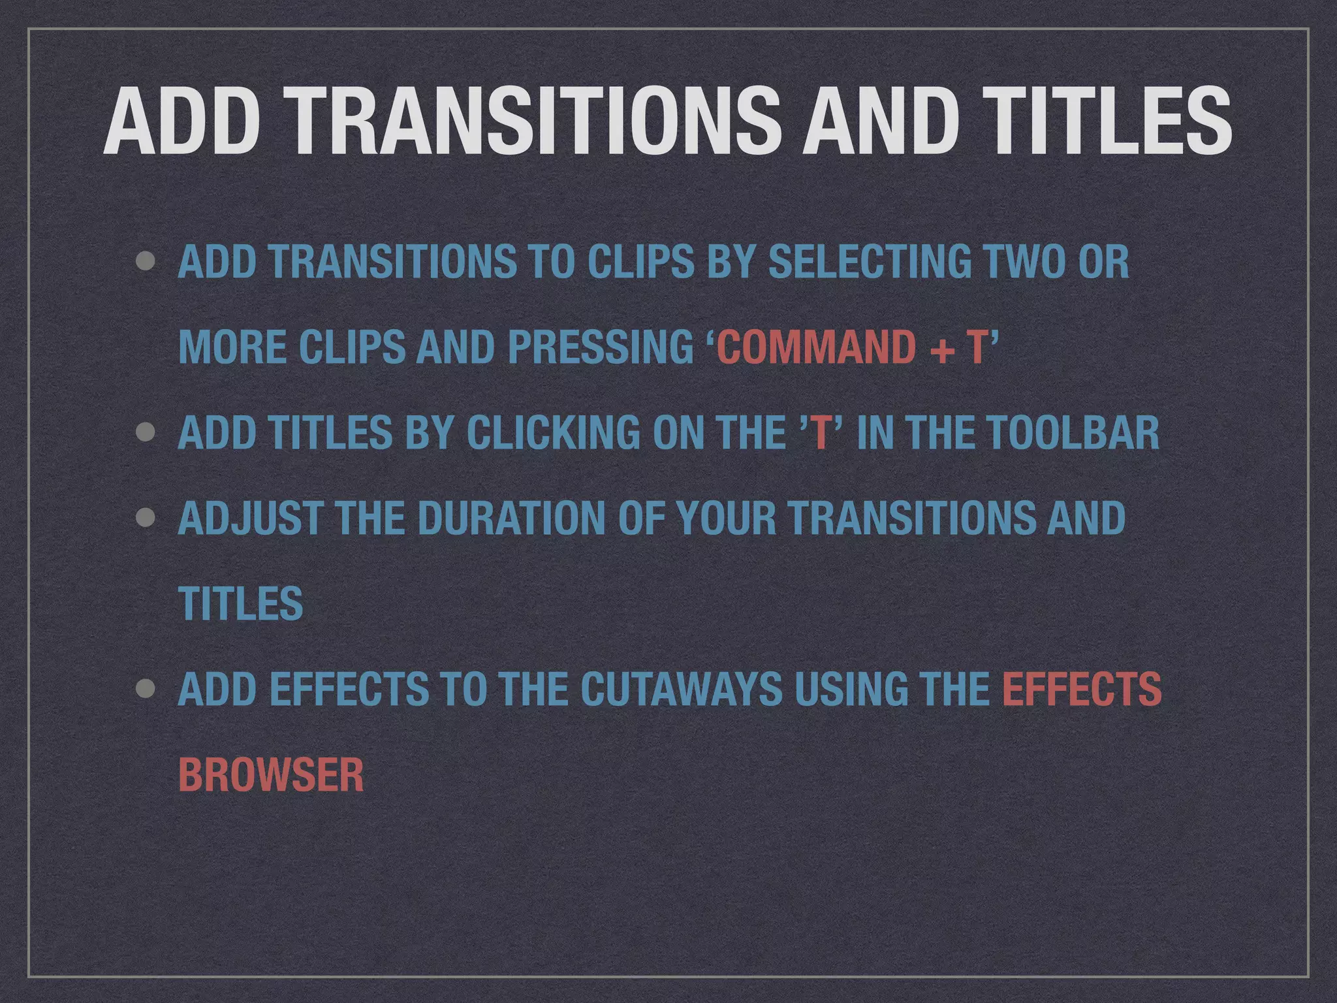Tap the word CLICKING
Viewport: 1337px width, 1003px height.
pyautogui.click(x=553, y=432)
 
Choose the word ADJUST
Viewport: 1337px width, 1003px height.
pyautogui.click(x=249, y=518)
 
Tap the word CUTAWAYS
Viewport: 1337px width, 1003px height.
pyautogui.click(x=680, y=689)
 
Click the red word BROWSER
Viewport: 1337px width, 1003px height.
pyautogui.click(x=271, y=775)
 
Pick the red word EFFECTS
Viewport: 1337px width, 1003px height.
pyautogui.click(x=1082, y=689)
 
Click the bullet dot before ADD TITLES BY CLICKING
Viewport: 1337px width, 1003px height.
pyautogui.click(x=146, y=432)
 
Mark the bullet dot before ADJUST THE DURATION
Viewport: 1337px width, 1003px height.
pyautogui.click(x=146, y=518)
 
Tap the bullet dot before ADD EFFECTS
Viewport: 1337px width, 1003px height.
pyautogui.click(x=146, y=689)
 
